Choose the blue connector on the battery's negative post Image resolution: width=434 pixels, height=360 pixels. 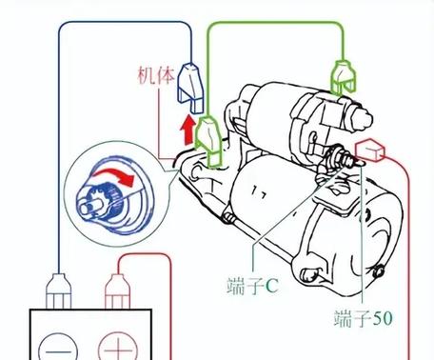59,288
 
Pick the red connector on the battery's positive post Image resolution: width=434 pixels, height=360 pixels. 117,288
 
